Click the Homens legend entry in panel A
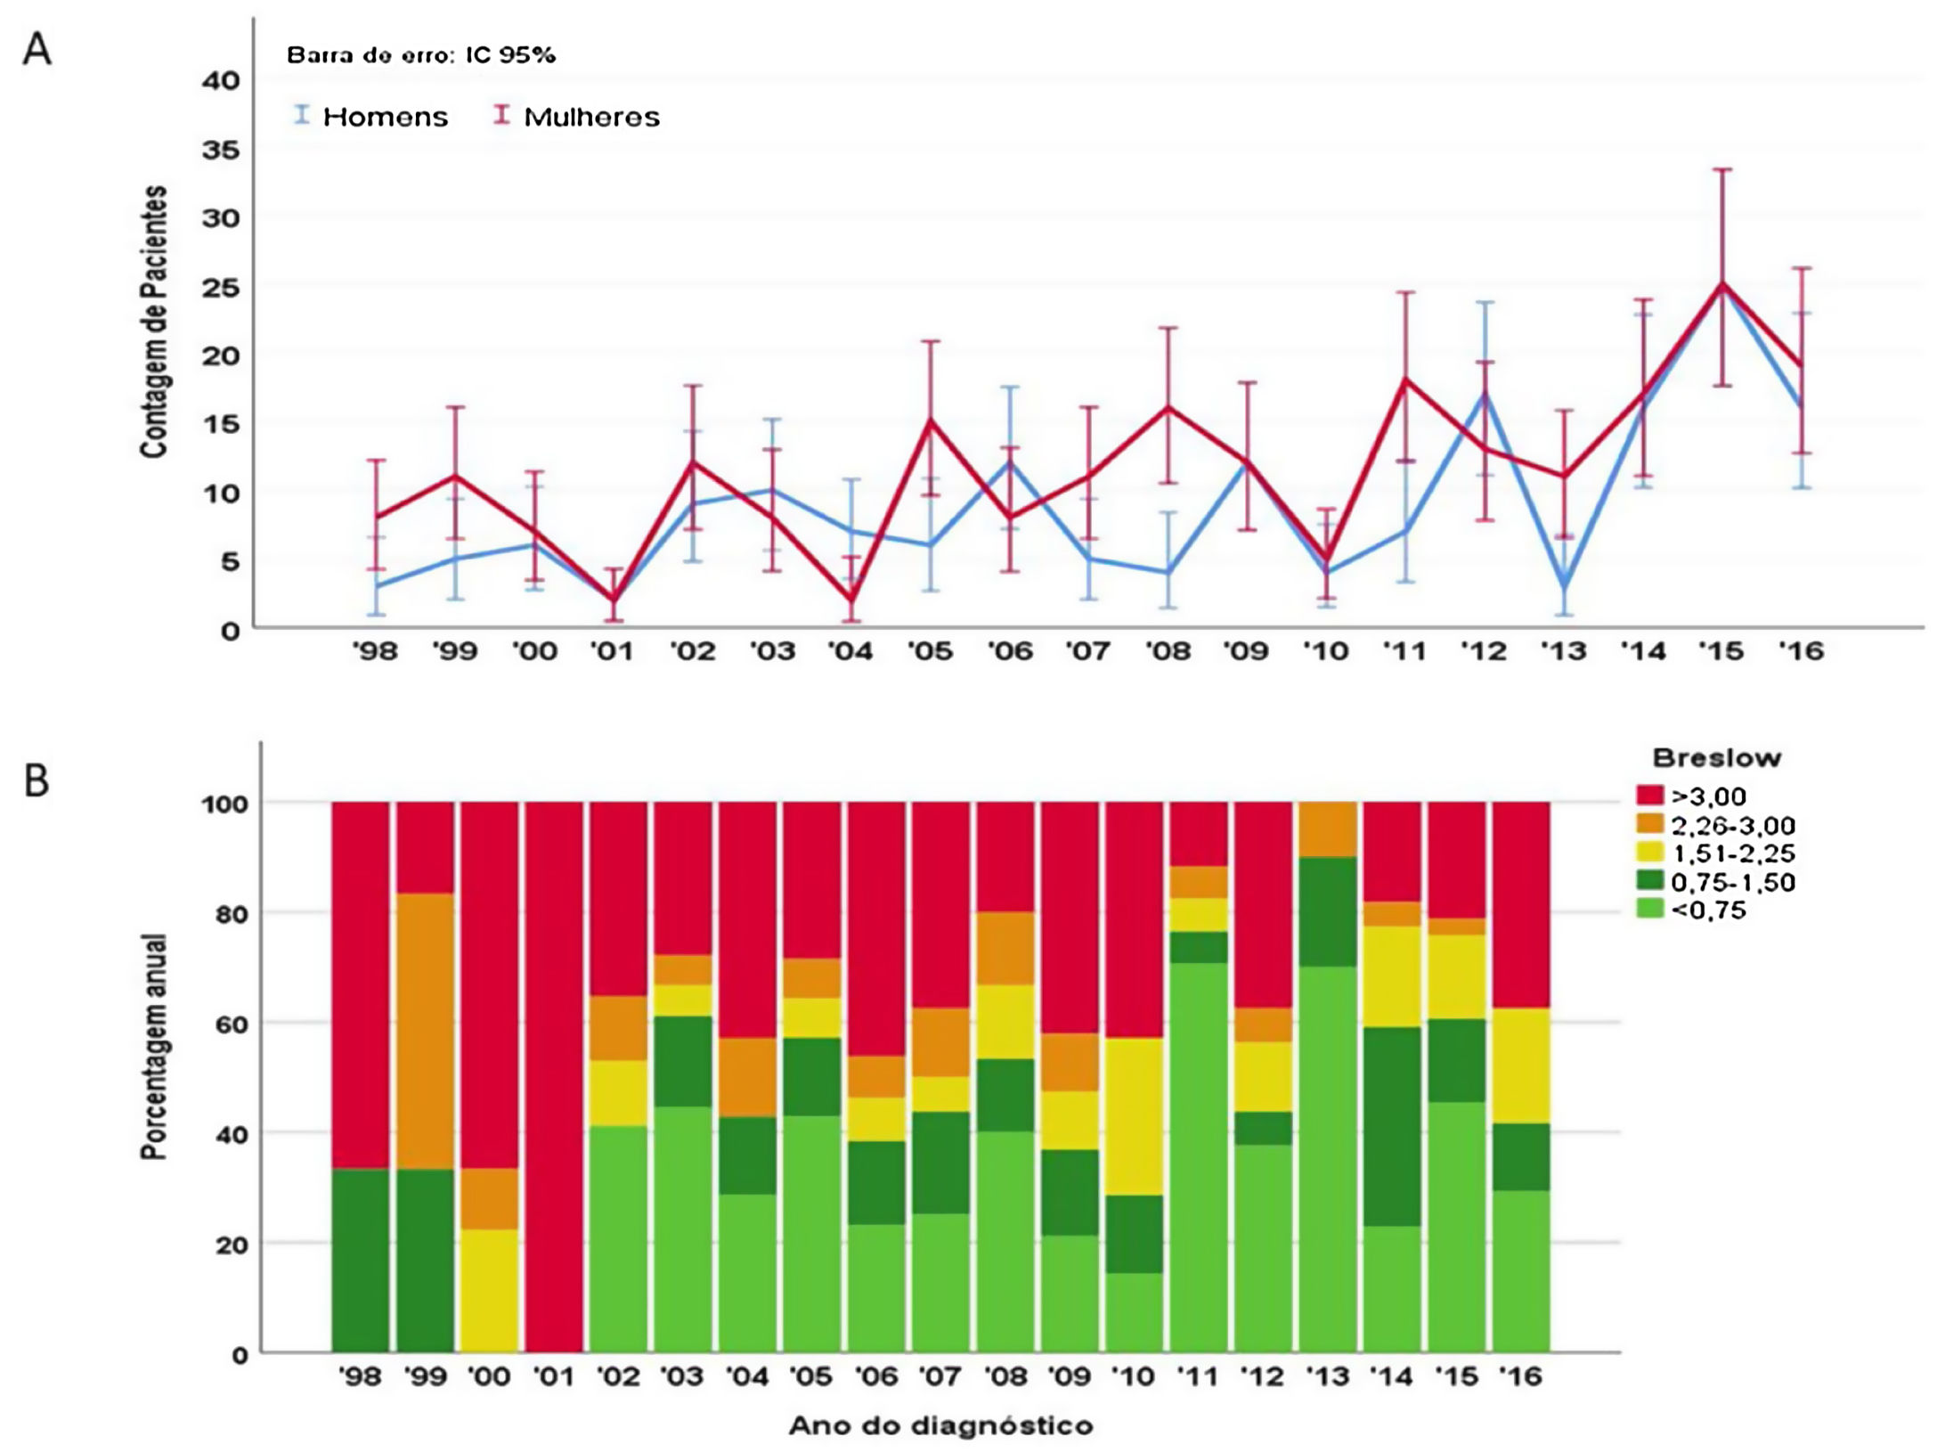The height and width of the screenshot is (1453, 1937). coord(384,117)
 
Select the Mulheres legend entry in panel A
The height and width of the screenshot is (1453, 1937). coord(591,117)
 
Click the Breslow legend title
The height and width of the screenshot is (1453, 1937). coord(1716,758)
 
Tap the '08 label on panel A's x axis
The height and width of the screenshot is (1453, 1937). coord(1168,652)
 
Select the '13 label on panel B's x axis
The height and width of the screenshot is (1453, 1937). coord(1327,1377)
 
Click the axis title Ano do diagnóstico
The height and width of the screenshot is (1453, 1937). coord(940,1426)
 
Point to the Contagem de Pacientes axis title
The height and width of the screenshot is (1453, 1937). coord(154,322)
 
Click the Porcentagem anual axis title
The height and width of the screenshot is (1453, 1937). coord(155,1046)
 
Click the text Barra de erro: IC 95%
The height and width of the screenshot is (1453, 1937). coord(420,55)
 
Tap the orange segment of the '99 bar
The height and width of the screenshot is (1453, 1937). coord(425,1031)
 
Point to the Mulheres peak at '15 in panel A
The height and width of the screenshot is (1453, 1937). coord(1722,284)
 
